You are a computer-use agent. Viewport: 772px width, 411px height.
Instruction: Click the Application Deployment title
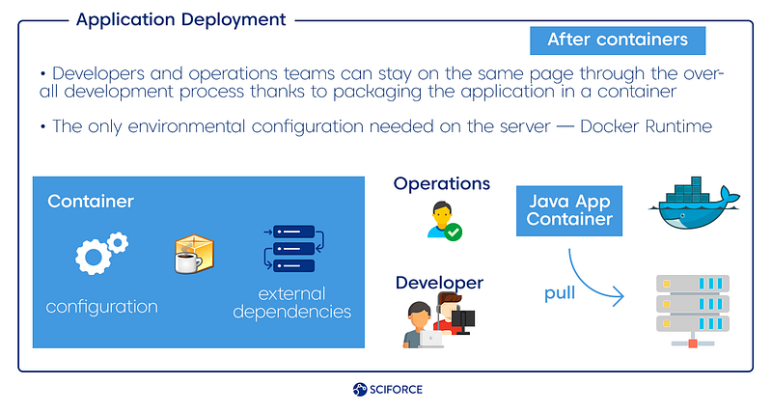(180, 19)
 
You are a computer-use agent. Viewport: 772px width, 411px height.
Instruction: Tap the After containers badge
(618, 41)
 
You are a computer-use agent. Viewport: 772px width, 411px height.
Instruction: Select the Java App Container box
(569, 210)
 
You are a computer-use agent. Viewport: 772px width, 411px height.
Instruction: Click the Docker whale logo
(694, 204)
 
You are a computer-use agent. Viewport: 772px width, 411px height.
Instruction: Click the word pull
(560, 293)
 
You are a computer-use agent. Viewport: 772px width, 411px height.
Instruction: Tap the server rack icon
(693, 311)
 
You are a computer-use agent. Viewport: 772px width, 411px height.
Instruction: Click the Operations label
(442, 183)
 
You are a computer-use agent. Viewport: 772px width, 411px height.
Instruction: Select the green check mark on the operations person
(454, 232)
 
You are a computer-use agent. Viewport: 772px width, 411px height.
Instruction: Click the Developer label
(439, 283)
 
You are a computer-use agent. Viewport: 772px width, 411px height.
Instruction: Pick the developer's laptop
(430, 340)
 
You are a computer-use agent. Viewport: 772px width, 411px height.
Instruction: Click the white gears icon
(101, 253)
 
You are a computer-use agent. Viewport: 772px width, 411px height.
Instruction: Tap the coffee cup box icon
(194, 254)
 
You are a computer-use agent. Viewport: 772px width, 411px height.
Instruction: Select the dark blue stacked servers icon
(294, 249)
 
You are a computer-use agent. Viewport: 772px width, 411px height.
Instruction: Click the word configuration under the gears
(102, 307)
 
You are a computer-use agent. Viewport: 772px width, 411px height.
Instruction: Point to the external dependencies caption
(292, 303)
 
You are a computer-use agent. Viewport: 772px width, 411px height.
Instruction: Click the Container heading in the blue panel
(91, 202)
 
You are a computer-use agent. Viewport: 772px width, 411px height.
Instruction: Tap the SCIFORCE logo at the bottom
(388, 390)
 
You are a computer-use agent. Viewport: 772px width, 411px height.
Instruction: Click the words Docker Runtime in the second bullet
(646, 126)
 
